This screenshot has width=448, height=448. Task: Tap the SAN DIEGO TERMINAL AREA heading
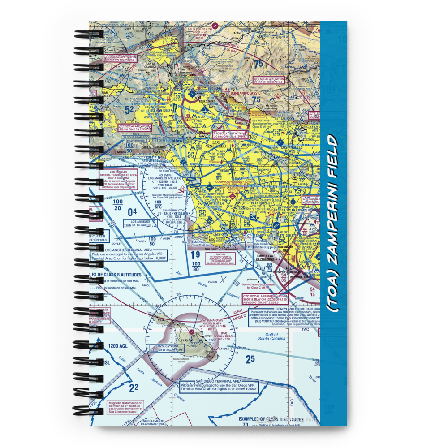coord(207,381)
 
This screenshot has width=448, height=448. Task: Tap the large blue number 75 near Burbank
coord(258,65)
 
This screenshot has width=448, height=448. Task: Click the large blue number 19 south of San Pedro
coord(195,255)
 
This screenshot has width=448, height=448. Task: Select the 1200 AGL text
coord(118,346)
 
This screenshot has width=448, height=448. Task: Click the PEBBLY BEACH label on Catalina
coord(223,336)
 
